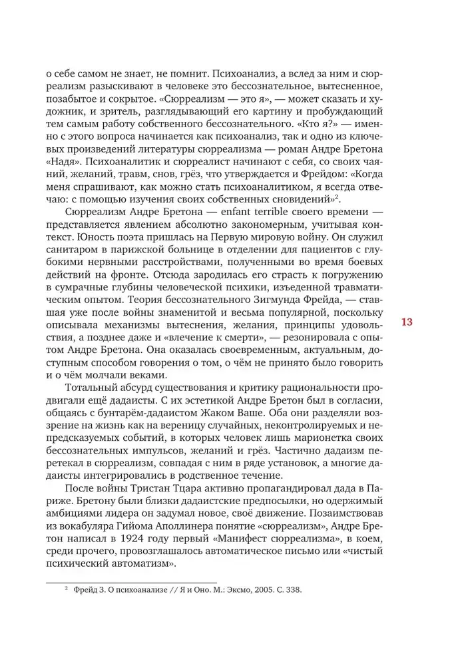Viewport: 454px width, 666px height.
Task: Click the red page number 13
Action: (x=407, y=322)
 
